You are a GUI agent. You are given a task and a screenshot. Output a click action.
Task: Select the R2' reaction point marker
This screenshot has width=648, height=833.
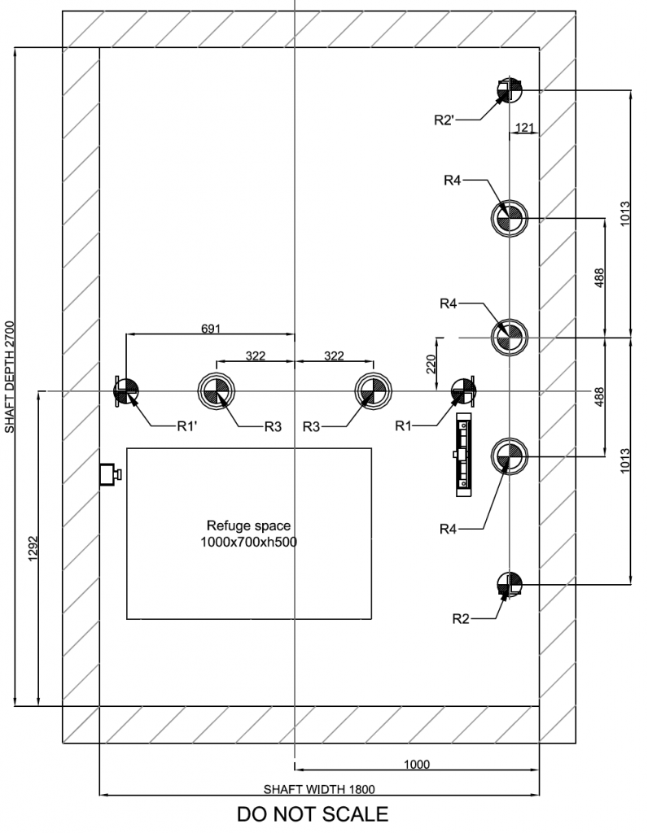tap(509, 90)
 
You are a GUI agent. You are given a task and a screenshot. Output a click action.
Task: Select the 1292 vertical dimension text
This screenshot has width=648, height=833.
tap(32, 560)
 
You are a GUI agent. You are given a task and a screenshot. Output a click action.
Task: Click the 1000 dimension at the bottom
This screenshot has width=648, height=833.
tap(417, 764)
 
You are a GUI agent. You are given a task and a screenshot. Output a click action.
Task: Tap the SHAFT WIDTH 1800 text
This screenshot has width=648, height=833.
tap(319, 788)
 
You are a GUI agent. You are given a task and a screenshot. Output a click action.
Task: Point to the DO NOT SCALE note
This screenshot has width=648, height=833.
tap(313, 813)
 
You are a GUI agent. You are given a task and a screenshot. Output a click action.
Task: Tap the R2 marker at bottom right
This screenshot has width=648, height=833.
tap(509, 583)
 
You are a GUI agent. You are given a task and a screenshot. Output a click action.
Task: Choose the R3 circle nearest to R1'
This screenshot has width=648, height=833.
tap(217, 391)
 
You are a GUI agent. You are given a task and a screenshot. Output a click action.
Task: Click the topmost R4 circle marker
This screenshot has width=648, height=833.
tap(509, 218)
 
